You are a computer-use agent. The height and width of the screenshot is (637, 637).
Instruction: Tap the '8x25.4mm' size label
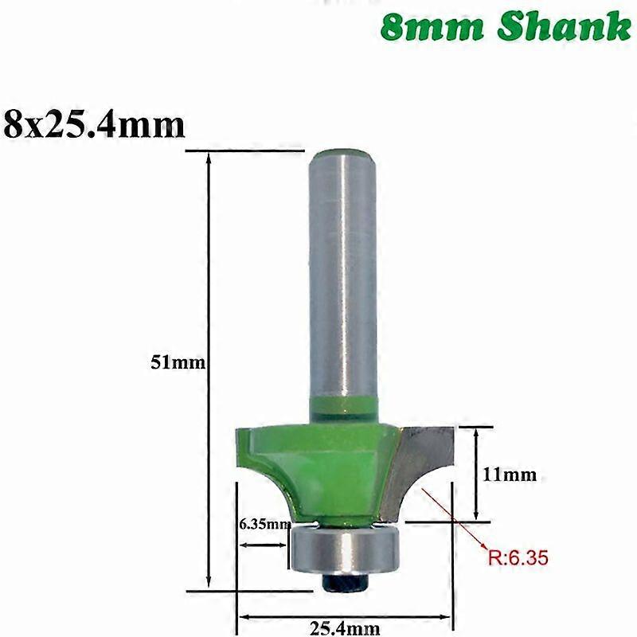pos(94,124)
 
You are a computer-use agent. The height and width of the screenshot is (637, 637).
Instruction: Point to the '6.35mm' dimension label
pos(264,524)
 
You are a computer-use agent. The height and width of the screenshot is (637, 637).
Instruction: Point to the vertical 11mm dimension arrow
pos(476,474)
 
